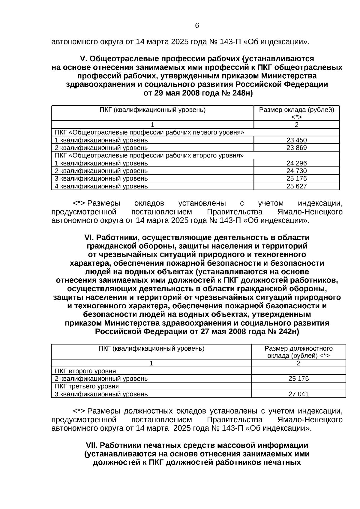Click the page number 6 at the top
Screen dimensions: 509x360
[x=197, y=26]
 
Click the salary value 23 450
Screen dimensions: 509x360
[x=296, y=140]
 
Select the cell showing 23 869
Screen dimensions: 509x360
[x=296, y=148]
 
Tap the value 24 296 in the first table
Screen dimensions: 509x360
[x=296, y=163]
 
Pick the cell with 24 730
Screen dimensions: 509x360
[x=296, y=171]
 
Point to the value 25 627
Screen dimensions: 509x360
[x=296, y=186]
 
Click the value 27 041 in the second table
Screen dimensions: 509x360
[x=298, y=394]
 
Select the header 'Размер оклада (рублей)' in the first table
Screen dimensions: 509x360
[x=296, y=110]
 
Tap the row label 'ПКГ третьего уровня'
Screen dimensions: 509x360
[x=87, y=386]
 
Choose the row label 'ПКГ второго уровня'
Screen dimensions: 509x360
[x=85, y=371]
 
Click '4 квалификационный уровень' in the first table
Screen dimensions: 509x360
[x=101, y=186]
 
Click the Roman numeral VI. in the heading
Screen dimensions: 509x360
[x=89, y=238]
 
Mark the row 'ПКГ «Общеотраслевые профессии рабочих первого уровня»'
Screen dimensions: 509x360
[x=149, y=133]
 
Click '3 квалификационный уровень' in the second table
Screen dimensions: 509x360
[x=101, y=394]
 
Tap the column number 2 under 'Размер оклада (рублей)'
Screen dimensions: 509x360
[x=296, y=125]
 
